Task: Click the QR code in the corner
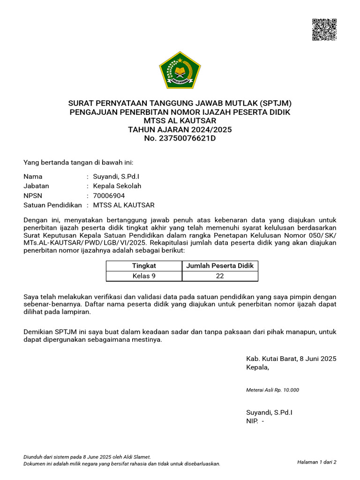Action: [x=324, y=30]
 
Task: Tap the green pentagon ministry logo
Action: [x=180, y=70]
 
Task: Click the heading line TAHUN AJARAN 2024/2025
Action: [x=180, y=129]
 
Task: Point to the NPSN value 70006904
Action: [x=109, y=195]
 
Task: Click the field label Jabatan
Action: [x=36, y=186]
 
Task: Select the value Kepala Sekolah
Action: [x=117, y=186]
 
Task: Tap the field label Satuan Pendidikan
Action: [x=52, y=205]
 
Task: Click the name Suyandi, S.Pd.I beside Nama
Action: [x=116, y=177]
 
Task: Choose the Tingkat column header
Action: [x=144, y=266]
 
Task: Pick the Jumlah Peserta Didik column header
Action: [x=220, y=266]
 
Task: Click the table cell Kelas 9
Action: [x=144, y=276]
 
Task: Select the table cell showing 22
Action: [x=220, y=276]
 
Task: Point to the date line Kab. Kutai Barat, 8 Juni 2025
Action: [x=291, y=359]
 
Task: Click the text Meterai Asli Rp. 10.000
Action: [x=272, y=390]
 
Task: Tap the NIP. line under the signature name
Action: [x=255, y=421]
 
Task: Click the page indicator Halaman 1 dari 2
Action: [x=316, y=462]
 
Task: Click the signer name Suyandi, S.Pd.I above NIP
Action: [x=269, y=412]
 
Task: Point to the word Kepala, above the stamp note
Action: [x=258, y=367]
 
